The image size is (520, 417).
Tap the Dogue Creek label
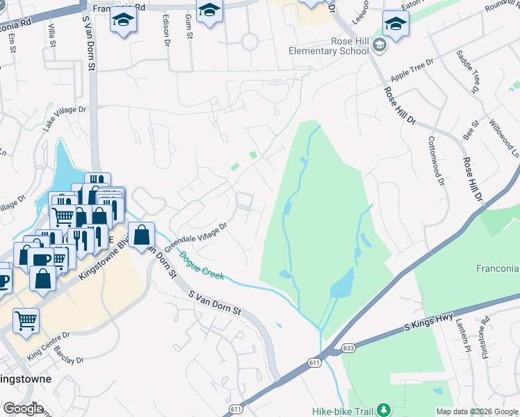pos(202,266)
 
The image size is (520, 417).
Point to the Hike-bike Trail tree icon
pos(381,410)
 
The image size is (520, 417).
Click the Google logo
pos(23,409)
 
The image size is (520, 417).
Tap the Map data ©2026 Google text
pos(476,411)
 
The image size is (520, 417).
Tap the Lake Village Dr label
pos(64,119)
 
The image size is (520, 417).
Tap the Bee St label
pos(471,130)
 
